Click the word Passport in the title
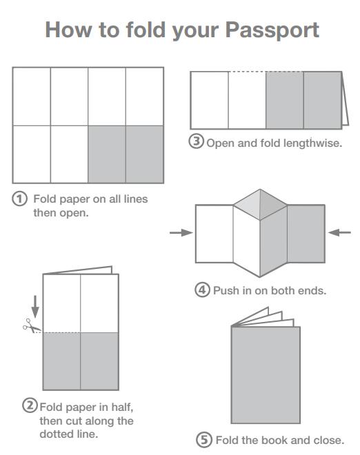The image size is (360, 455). click(272, 30)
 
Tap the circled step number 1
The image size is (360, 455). click(19, 199)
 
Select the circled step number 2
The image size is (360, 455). click(30, 405)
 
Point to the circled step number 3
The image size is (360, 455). click(197, 141)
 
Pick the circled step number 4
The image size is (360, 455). click(202, 290)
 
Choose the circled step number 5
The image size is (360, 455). click(204, 440)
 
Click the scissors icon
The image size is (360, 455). click(32, 326)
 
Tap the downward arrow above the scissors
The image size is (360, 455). click(35, 306)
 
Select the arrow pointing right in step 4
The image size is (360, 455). click(181, 232)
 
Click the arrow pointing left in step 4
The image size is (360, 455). click(339, 232)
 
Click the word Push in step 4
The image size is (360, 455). click(225, 290)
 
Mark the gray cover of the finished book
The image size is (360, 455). click(266, 375)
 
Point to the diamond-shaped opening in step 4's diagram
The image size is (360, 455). click(260, 205)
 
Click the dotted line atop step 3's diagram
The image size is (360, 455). click(266, 72)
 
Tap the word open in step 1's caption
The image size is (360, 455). click(74, 214)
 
